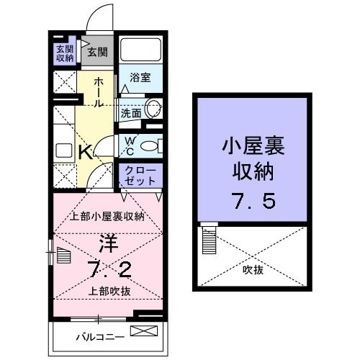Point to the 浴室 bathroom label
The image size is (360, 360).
pyautogui.click(x=140, y=78)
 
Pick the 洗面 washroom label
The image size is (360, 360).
pyautogui.click(x=131, y=113)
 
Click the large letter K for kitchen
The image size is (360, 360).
pyautogui.click(x=84, y=152)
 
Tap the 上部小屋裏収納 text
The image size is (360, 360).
pyautogui.click(x=107, y=216)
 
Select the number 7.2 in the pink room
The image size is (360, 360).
pyautogui.click(x=110, y=271)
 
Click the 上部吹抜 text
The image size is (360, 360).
pyautogui.click(x=110, y=292)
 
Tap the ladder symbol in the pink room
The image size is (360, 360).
pyautogui.click(x=63, y=256)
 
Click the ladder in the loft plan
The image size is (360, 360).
pyautogui.click(x=210, y=235)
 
